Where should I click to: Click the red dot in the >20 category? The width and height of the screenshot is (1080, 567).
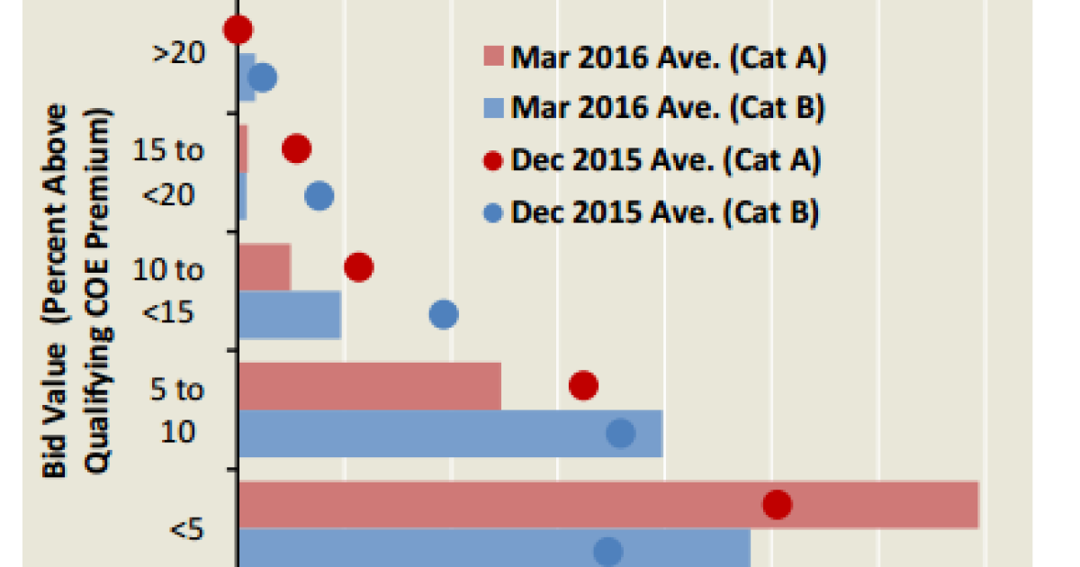(238, 30)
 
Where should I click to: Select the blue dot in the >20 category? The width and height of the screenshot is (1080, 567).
(262, 78)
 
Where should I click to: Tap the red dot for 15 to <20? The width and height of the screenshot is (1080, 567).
(297, 148)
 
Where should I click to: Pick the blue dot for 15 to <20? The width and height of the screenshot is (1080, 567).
(319, 195)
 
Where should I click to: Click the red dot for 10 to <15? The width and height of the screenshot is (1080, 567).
(358, 266)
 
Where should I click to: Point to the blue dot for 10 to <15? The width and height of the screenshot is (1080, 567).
(444, 314)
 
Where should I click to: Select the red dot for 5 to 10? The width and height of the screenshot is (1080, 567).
(584, 385)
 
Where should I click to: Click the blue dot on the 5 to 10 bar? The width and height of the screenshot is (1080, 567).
(620, 434)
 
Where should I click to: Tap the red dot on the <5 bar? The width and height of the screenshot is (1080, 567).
(777, 505)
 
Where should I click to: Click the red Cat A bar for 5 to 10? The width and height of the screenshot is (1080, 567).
(369, 385)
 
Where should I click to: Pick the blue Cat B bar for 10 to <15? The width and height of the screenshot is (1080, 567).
(290, 314)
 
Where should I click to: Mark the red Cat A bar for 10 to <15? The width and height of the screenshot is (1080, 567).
(265, 266)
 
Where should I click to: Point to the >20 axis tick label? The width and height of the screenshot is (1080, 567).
(178, 53)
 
